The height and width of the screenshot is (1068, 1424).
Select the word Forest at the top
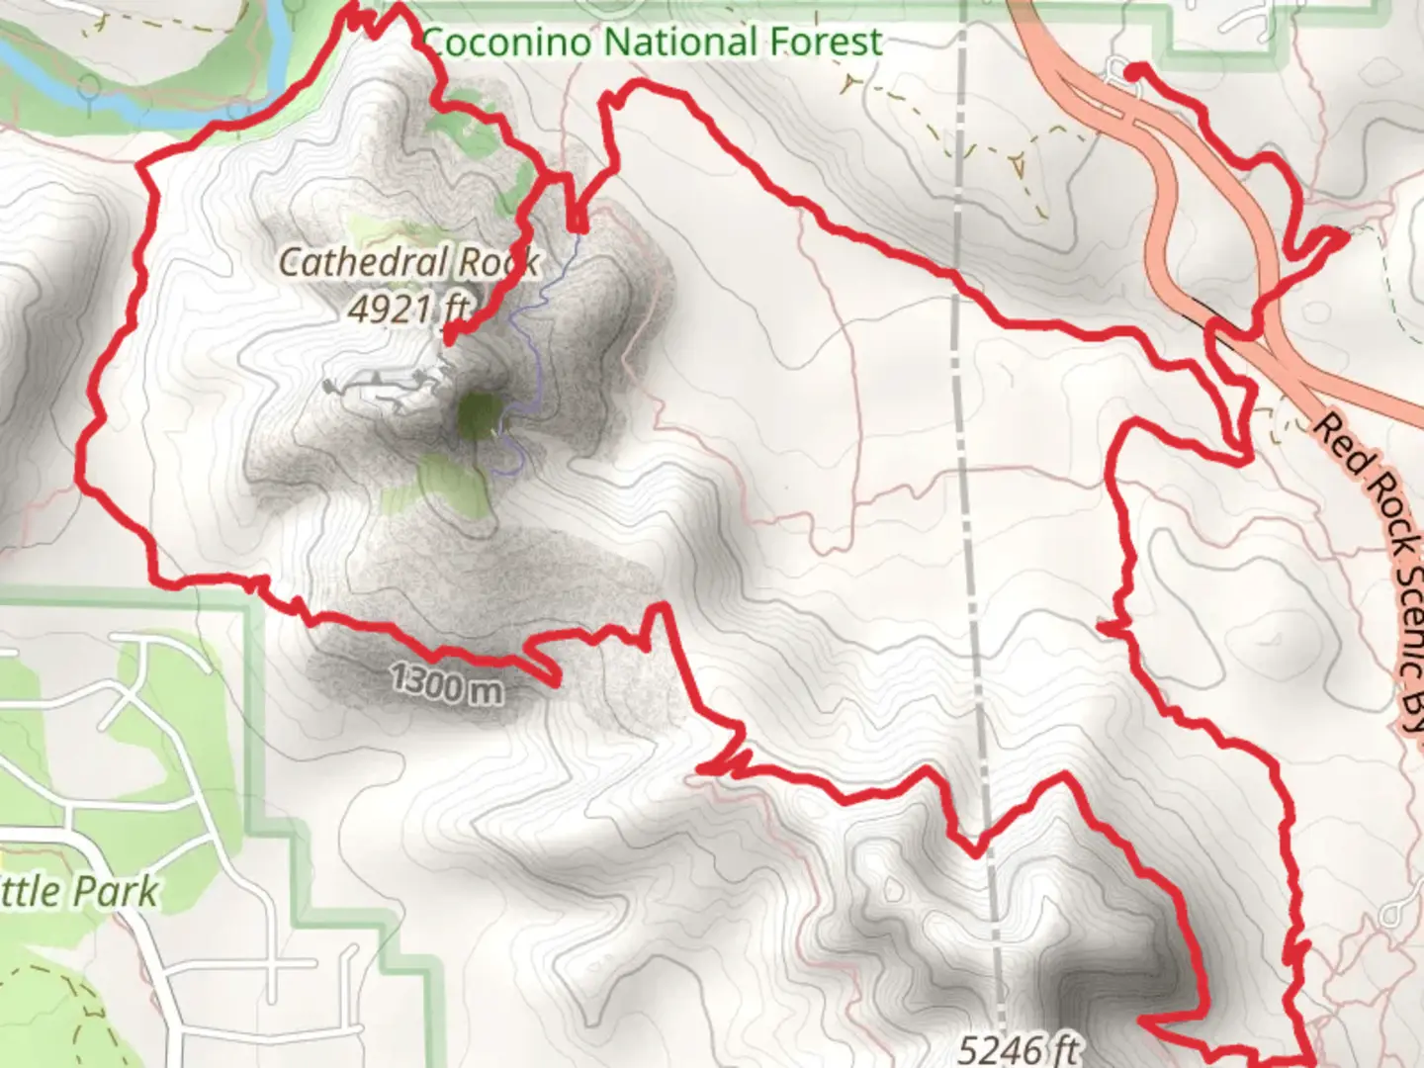click(x=825, y=43)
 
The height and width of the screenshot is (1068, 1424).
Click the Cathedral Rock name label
click(x=408, y=262)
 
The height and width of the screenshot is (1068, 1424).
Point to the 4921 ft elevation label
click(x=407, y=310)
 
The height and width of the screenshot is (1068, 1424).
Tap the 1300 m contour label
click(x=445, y=682)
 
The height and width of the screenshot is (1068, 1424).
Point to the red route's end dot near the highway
click(x=1133, y=70)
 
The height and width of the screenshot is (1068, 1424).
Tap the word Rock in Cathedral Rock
click(x=503, y=262)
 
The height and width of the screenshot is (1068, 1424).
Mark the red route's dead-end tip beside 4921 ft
click(x=448, y=339)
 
